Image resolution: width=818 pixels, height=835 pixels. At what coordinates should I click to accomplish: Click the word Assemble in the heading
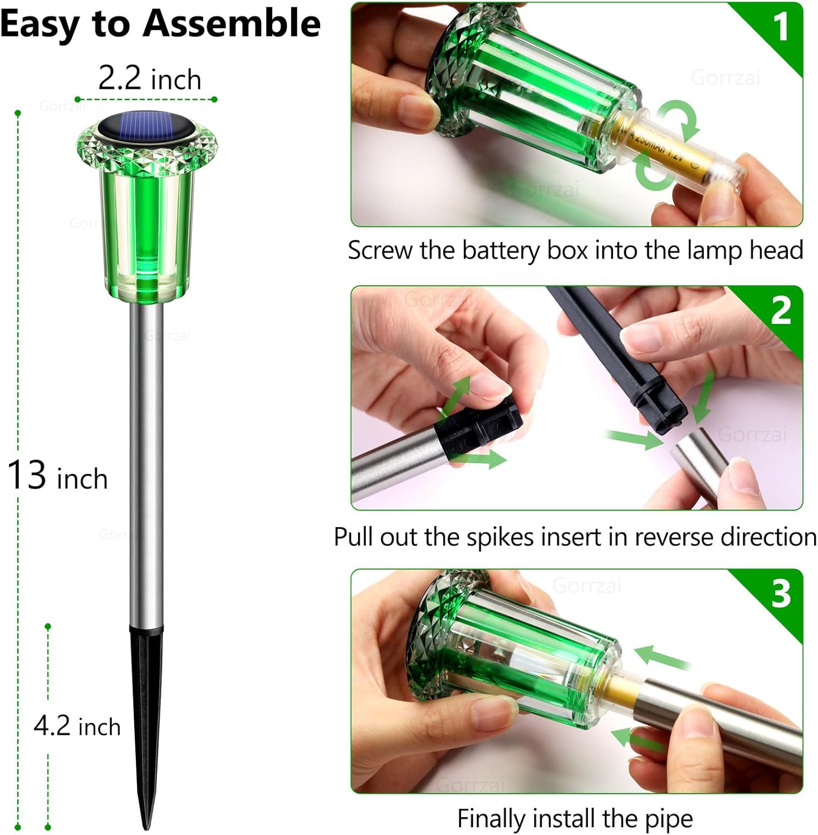(232, 24)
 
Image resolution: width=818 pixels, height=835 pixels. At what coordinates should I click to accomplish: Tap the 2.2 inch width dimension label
(149, 78)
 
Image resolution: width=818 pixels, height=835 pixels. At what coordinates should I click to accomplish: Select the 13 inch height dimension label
(57, 476)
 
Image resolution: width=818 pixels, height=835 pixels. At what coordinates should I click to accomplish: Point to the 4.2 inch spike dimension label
(77, 726)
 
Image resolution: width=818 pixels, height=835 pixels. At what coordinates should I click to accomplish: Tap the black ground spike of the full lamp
(146, 713)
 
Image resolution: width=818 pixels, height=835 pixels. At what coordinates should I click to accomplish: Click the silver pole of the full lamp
(146, 462)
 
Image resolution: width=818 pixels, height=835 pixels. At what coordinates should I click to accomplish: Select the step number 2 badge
(781, 310)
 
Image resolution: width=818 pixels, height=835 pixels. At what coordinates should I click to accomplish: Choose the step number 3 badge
(781, 593)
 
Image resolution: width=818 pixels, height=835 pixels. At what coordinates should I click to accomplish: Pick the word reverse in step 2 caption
(674, 537)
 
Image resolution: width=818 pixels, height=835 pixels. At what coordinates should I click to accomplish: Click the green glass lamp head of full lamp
(146, 223)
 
